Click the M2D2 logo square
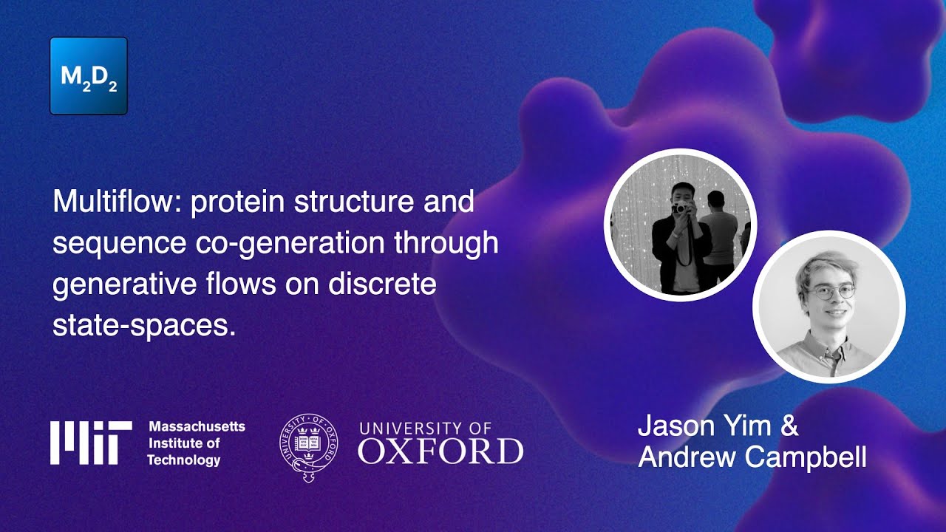point(89,76)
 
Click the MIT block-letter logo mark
point(91,443)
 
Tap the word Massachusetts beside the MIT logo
point(197,427)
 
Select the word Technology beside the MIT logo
point(183,460)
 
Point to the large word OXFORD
point(440,451)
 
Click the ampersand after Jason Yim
point(789,426)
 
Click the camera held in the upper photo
point(678,209)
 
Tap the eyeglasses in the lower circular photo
point(830,292)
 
